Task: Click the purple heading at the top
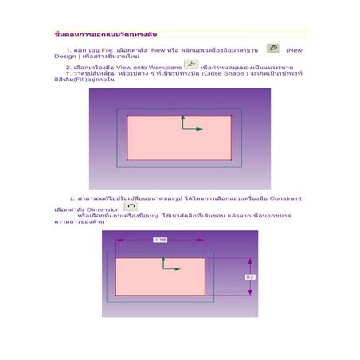click(100, 36)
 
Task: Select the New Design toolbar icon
click(273, 49)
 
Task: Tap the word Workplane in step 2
click(166, 68)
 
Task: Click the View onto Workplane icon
click(190, 65)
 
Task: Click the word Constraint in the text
click(286, 198)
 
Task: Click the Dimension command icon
click(131, 206)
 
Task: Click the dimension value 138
click(160, 239)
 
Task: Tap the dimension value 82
click(249, 276)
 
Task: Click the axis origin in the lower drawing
click(164, 269)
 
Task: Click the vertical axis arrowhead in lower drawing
click(164, 257)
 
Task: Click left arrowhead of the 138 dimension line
click(119, 240)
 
